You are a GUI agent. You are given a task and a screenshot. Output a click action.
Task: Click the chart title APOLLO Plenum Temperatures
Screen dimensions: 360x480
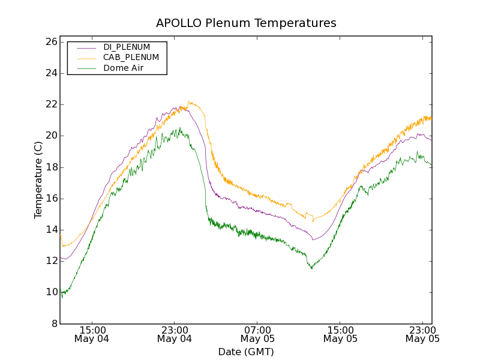246,23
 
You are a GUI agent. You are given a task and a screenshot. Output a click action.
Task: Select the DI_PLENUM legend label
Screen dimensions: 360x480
127,47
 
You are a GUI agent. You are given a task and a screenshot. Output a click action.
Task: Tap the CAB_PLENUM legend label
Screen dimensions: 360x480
131,58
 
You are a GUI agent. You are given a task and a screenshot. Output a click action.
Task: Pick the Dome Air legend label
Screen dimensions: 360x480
123,68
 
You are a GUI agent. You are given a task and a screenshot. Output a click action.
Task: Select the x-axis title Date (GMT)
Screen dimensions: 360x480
246,352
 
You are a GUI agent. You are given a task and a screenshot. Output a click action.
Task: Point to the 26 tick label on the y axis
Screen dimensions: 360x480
50,42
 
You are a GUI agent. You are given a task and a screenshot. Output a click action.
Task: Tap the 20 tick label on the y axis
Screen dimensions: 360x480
50,136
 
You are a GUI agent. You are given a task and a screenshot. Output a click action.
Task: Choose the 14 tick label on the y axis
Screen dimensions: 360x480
50,230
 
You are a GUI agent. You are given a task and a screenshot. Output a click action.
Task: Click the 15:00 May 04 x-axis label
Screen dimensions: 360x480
92,334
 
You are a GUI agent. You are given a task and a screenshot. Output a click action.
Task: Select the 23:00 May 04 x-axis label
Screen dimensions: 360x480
175,334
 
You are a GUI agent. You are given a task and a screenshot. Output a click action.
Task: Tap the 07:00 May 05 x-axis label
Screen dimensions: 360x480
257,334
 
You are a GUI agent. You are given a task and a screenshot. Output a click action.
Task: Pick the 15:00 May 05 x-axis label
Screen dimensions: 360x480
340,334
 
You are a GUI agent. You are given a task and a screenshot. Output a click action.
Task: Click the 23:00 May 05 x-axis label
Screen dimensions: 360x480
422,334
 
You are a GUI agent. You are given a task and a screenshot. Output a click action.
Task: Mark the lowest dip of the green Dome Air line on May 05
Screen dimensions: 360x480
311,268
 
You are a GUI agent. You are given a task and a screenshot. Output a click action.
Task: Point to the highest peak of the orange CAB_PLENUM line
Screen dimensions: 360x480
188,101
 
